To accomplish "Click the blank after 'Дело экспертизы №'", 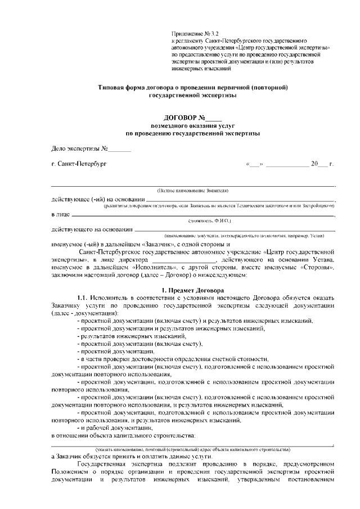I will (x=119, y=150).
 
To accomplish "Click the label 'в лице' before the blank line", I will (x=60, y=214).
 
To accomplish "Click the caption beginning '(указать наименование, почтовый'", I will (x=192, y=449).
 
